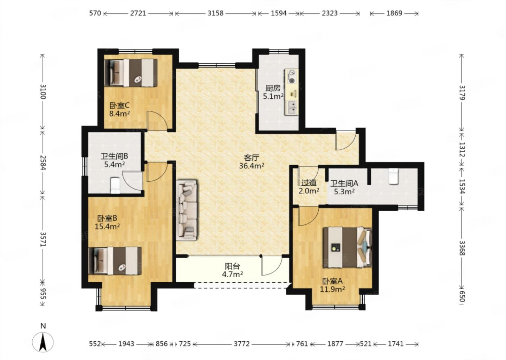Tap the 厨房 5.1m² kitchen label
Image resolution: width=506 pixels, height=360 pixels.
(273, 92)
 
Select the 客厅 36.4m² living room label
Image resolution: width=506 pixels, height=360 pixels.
(252, 162)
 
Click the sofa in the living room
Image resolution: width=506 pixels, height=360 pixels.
(187, 210)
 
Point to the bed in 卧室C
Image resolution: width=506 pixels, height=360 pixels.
(131, 73)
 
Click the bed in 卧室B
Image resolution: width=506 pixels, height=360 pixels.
(115, 261)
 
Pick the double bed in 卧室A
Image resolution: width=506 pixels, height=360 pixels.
(348, 247)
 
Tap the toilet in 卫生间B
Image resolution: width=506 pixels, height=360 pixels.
(115, 186)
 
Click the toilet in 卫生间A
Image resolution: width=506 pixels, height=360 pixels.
(394, 176)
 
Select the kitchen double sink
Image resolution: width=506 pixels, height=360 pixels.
(292, 107)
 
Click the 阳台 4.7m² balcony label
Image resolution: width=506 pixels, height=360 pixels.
(233, 270)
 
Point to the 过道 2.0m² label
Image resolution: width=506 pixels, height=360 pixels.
(309, 187)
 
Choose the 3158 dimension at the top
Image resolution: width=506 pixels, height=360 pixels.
(215, 13)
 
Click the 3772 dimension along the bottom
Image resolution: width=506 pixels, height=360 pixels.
(242, 344)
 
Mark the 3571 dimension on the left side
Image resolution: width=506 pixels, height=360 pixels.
(43, 239)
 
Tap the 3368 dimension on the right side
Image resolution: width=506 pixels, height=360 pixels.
(462, 248)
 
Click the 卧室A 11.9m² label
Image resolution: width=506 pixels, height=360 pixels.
(332, 285)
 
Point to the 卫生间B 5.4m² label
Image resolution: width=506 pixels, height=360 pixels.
(115, 160)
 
